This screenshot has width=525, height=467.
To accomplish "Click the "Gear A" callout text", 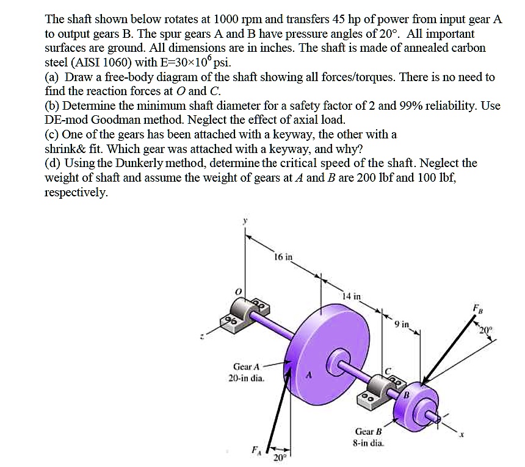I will click(x=247, y=366).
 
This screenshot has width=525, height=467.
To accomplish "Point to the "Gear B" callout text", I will click(x=369, y=431).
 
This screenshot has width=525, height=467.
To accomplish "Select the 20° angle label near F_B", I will click(x=485, y=330).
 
